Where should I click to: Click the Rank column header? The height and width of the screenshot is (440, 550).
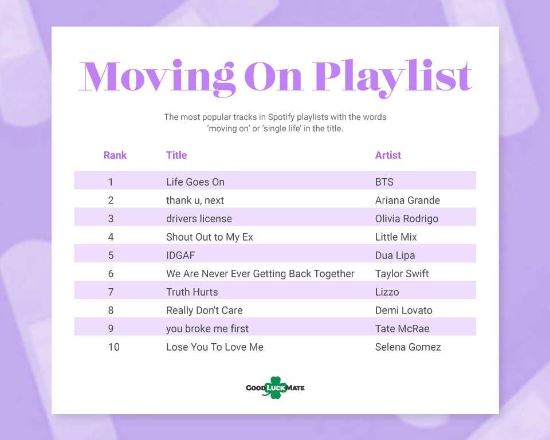[x=115, y=155]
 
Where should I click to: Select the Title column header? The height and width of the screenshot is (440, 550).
[x=176, y=155]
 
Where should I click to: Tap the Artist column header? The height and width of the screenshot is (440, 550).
[x=388, y=155]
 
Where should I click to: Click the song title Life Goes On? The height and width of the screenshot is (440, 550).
[x=195, y=182]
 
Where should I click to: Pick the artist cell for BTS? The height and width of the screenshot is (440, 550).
[x=384, y=182]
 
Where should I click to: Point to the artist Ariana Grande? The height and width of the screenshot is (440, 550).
[x=407, y=201]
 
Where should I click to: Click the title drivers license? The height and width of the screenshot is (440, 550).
[x=199, y=219]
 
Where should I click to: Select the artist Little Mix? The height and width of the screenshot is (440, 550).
[x=396, y=237]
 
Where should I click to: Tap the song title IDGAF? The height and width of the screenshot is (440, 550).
[x=180, y=255]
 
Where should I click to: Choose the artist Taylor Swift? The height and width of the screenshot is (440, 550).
[x=402, y=274]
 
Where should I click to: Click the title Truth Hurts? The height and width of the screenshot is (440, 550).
[x=192, y=292]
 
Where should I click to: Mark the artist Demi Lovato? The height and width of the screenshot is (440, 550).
[x=404, y=310]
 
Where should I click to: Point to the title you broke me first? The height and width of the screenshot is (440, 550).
[x=207, y=329]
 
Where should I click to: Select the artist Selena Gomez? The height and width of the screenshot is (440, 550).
[x=408, y=347]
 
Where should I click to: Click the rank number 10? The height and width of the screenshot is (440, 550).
[x=113, y=347]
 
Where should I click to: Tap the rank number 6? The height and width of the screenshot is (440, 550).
[x=111, y=274]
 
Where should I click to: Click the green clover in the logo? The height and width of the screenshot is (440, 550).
[x=276, y=387]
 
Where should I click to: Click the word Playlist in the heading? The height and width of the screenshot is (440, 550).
[x=393, y=78]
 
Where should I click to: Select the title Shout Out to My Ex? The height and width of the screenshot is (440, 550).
[x=210, y=237]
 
